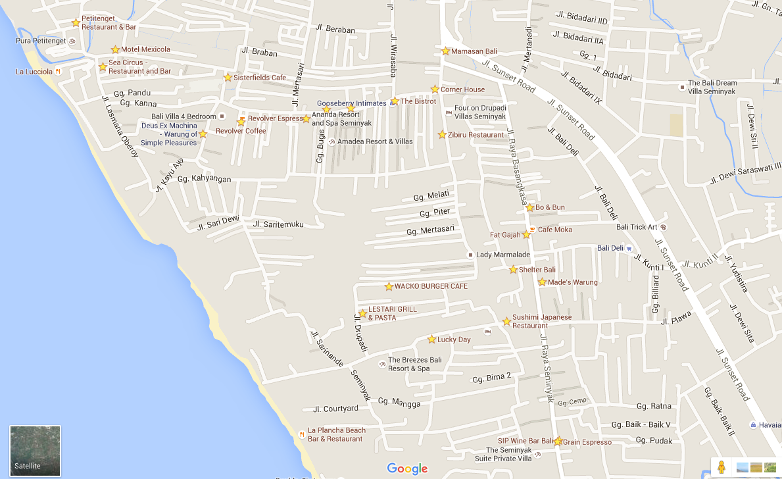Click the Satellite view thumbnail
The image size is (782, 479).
35,451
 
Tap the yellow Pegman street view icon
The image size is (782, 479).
721,467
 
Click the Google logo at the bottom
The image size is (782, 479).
407,468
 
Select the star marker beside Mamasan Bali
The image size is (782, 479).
445,51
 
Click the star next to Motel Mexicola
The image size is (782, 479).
115,49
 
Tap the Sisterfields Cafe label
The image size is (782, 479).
260,78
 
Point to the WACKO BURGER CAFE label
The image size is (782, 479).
431,286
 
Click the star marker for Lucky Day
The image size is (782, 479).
431,340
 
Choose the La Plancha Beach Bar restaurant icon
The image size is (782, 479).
301,434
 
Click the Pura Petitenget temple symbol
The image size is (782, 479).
72,41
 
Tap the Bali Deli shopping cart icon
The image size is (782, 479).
629,249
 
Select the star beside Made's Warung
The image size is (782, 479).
542,282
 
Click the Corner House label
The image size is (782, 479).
462,89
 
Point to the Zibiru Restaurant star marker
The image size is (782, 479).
442,135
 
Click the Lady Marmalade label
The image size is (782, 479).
503,255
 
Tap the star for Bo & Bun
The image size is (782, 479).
529,207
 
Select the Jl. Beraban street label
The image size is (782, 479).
335,30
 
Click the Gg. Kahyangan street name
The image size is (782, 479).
205,179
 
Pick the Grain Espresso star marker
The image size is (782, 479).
558,441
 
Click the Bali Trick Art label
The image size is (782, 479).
637,227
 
